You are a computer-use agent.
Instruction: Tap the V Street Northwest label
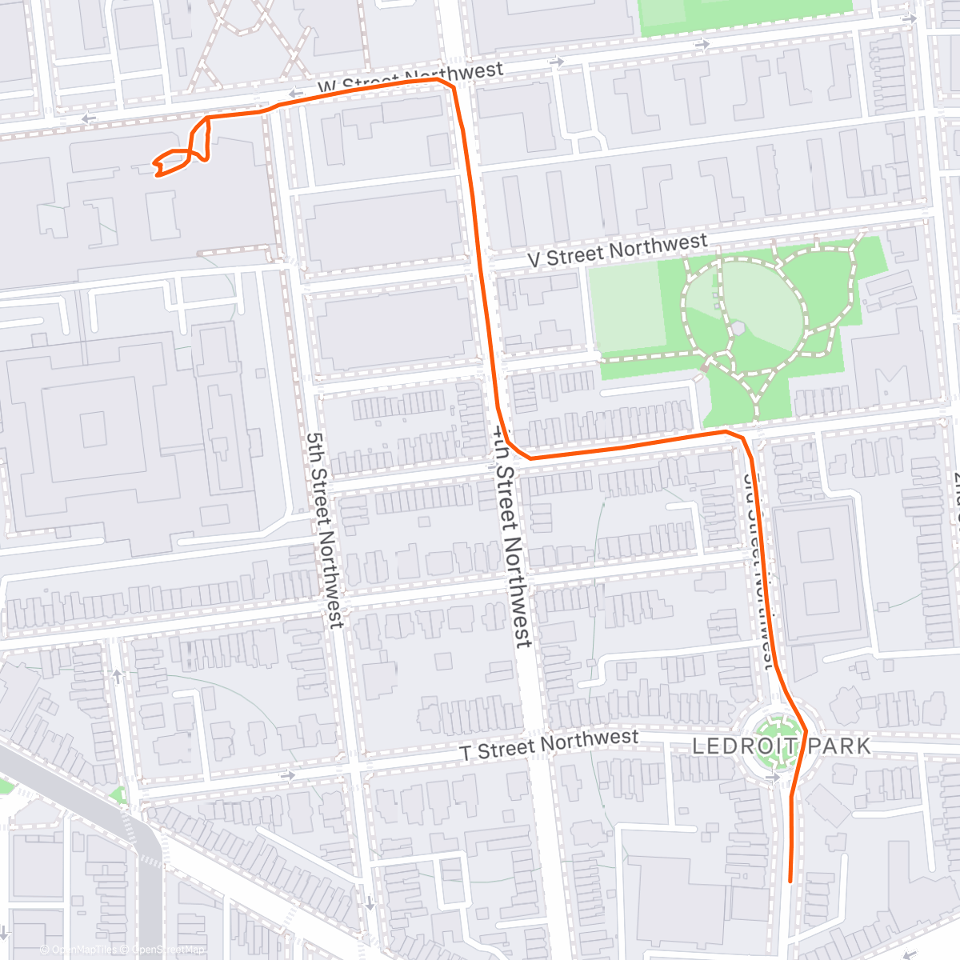point(617,250)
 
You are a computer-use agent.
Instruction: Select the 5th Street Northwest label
point(325,530)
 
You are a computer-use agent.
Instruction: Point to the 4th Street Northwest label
point(510,536)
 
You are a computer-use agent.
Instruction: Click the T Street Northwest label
point(549,745)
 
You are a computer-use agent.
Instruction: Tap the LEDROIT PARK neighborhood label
point(781,746)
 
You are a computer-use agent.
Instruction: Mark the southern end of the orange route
point(790,881)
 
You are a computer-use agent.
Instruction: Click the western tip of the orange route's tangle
point(154,165)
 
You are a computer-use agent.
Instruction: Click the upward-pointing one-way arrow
point(118,676)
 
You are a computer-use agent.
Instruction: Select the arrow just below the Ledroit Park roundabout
point(773,777)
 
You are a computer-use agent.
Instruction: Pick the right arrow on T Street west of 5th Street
point(286,774)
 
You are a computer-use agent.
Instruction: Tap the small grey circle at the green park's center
point(738,328)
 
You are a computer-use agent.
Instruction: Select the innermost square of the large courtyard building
point(93,430)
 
